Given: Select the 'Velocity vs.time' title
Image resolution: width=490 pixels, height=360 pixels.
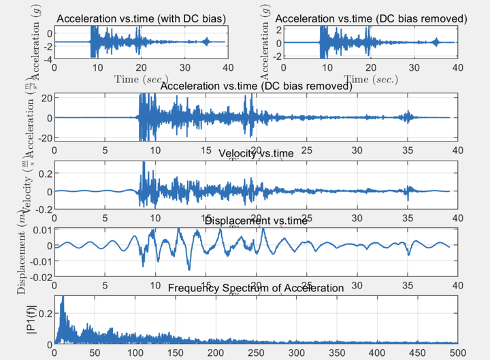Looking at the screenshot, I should (257, 153).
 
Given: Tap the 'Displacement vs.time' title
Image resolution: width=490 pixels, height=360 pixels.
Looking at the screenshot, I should (256, 220).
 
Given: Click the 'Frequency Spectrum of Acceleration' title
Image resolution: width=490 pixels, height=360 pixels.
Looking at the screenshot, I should (256, 288).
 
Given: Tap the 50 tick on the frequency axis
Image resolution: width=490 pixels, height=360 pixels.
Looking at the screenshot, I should (95, 353).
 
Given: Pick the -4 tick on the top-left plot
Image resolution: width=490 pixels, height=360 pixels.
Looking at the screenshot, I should (47, 59).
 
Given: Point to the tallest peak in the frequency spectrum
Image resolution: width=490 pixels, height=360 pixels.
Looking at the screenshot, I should (62, 297).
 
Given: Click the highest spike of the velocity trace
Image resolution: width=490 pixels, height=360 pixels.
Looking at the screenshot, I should (143, 163).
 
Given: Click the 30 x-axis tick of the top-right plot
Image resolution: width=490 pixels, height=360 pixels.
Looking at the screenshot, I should (414, 68).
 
